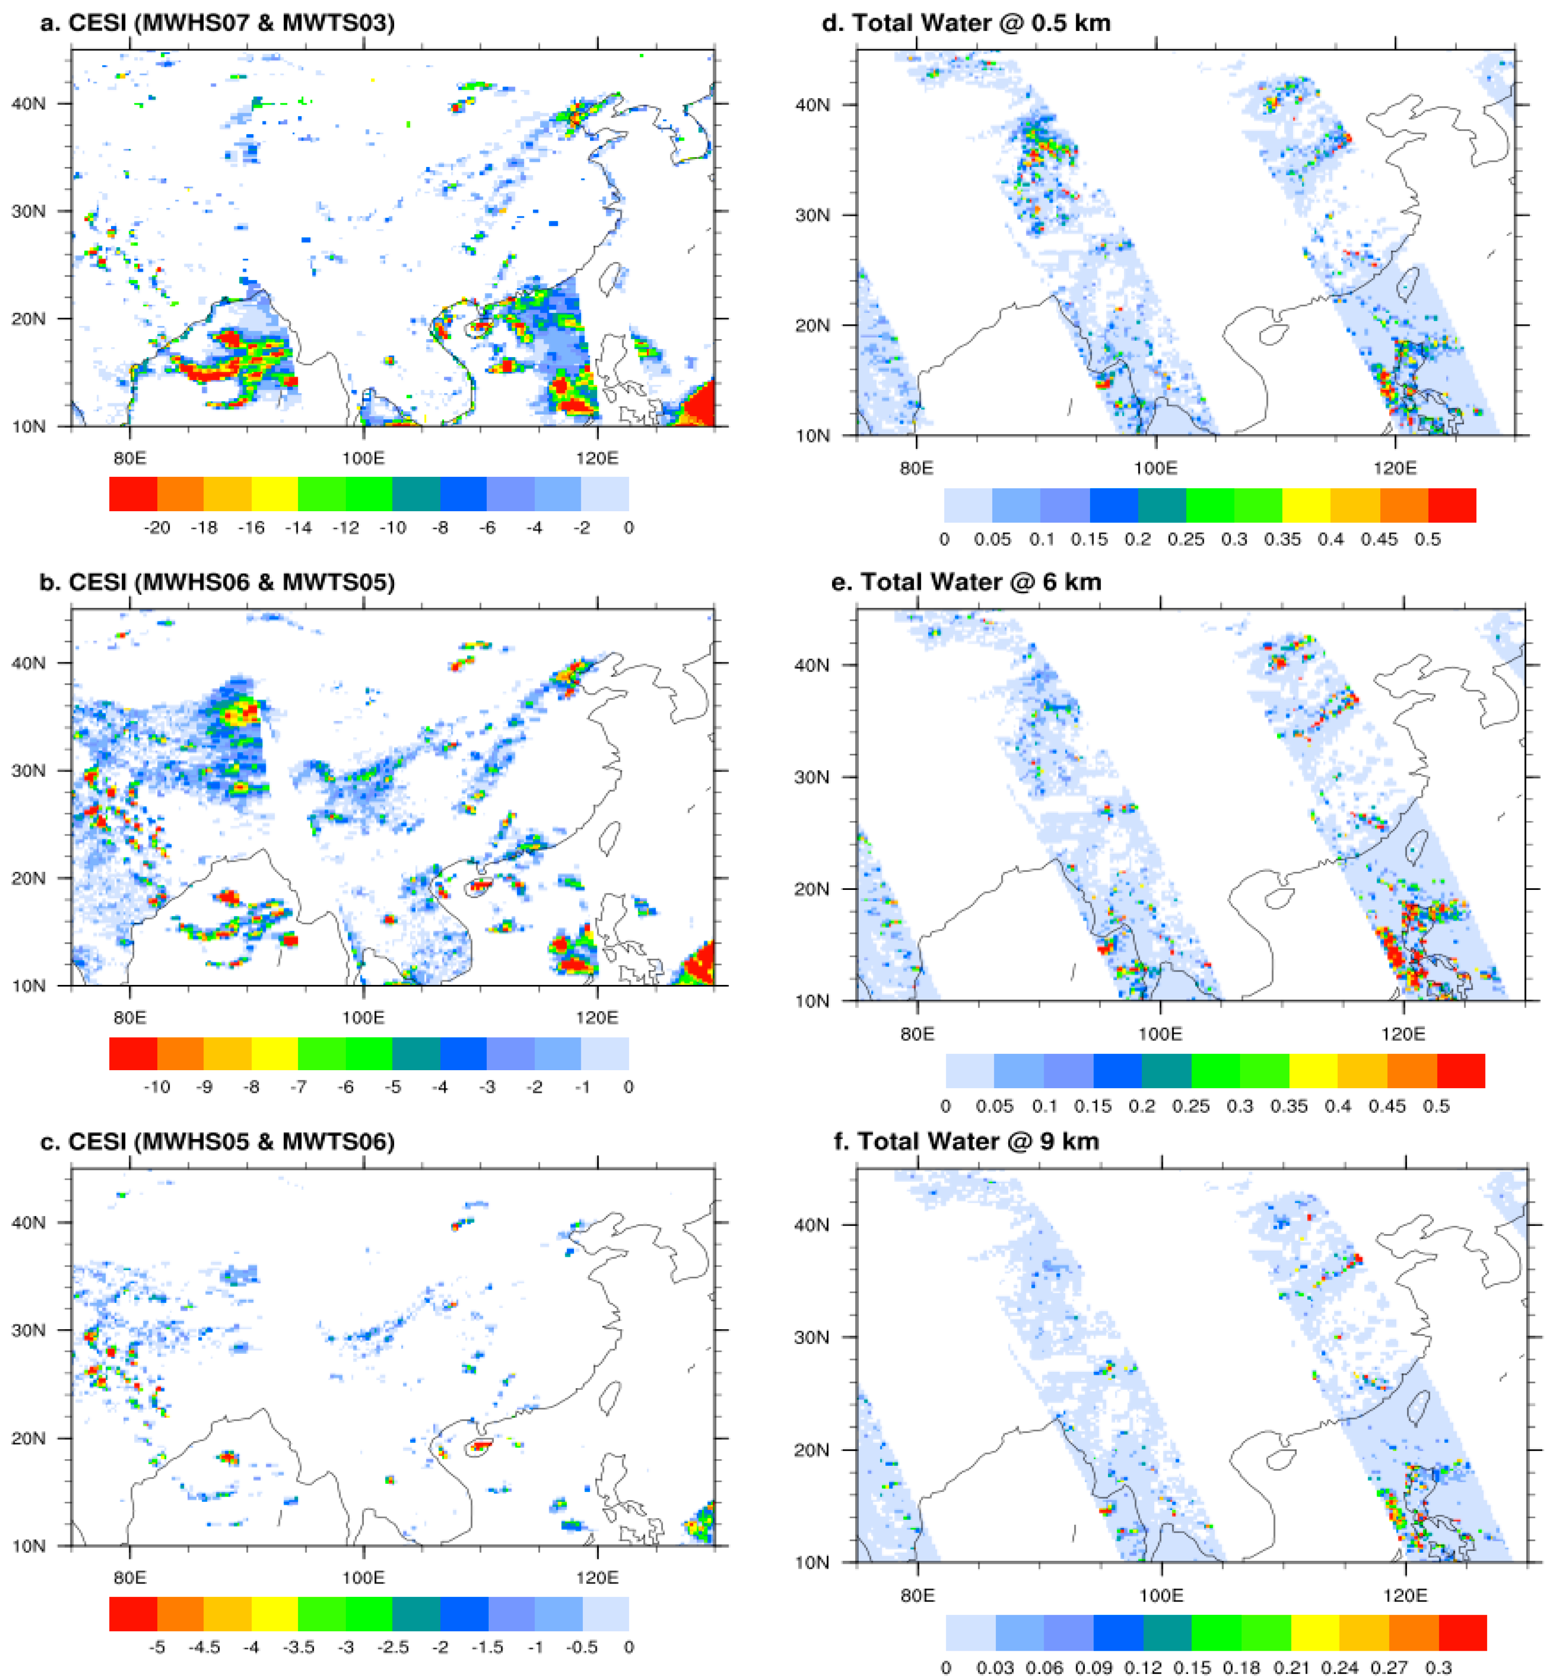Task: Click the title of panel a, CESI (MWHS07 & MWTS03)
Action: point(217,23)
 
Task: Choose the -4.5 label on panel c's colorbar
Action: point(204,1647)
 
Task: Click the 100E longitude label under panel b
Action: point(363,1018)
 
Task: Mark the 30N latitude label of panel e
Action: point(812,776)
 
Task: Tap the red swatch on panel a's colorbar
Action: point(133,494)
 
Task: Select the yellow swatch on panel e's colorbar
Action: point(1314,1071)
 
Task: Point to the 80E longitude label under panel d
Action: point(916,468)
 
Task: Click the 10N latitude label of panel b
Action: point(29,985)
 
